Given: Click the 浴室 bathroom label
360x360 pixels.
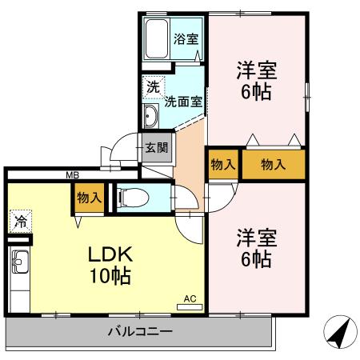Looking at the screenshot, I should pos(187,38).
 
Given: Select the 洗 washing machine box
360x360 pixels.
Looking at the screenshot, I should pos(152,86).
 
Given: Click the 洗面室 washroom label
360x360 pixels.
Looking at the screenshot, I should pos(183,102).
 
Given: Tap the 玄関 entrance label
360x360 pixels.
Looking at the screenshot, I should pos(157,147).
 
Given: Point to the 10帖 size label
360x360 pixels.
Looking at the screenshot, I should pos(110,278).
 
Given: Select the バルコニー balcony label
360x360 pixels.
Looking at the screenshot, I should pos(141,331).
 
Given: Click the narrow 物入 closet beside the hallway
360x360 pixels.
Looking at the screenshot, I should pos(222,164).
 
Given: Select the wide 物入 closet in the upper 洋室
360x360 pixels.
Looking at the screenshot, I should pos(274,164).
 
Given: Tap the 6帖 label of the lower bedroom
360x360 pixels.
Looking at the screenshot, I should pos(256,260).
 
